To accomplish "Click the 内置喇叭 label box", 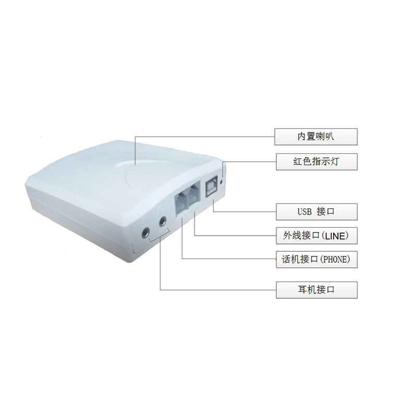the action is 316,137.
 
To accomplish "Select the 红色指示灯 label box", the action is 316,162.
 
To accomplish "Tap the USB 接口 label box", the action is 316,212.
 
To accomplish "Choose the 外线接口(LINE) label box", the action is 316,236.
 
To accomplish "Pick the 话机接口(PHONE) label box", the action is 316,259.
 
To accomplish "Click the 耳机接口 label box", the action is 316,290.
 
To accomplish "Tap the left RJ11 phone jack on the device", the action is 179,202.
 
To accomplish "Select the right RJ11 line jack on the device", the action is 194,195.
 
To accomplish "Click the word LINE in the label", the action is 335,236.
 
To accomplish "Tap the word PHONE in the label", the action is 337,260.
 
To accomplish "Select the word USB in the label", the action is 304,212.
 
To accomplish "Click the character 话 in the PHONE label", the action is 282,259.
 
